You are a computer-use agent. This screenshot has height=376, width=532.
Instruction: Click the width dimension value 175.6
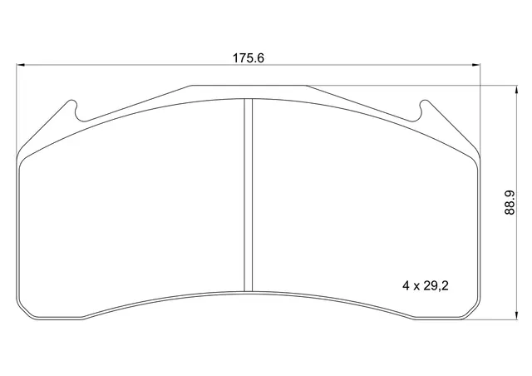(x=248, y=58)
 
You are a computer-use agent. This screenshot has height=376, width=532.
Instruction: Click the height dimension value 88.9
(x=510, y=202)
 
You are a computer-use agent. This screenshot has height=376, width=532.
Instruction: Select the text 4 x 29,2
(x=426, y=286)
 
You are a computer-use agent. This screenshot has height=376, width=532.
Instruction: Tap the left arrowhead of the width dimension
(x=21, y=64)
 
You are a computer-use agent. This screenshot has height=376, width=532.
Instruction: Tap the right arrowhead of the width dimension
(x=476, y=64)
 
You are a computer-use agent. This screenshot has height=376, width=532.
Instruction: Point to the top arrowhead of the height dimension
(x=516, y=90)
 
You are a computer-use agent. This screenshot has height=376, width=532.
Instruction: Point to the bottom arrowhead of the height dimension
(x=516, y=315)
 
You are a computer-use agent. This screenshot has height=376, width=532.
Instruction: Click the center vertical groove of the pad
(x=249, y=195)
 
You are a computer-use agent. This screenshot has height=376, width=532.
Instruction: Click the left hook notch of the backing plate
(x=77, y=111)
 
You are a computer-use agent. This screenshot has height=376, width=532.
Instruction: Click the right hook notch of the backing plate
(x=421, y=111)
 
